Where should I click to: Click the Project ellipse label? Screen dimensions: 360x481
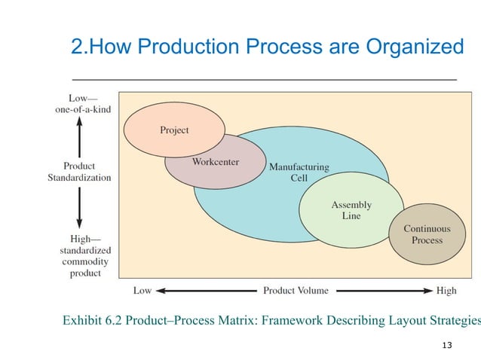pyautogui.click(x=174, y=130)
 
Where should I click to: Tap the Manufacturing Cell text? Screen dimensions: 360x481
pyautogui.click(x=299, y=172)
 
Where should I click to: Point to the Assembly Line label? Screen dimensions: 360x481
pyautogui.click(x=351, y=210)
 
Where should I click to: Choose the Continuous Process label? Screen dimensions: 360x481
pyautogui.click(x=427, y=234)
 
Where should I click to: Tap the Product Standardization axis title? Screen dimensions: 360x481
pyautogui.click(x=80, y=172)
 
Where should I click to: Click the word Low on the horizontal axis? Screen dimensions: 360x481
pyautogui.click(x=142, y=290)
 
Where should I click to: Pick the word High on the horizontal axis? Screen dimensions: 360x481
pyautogui.click(x=446, y=290)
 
